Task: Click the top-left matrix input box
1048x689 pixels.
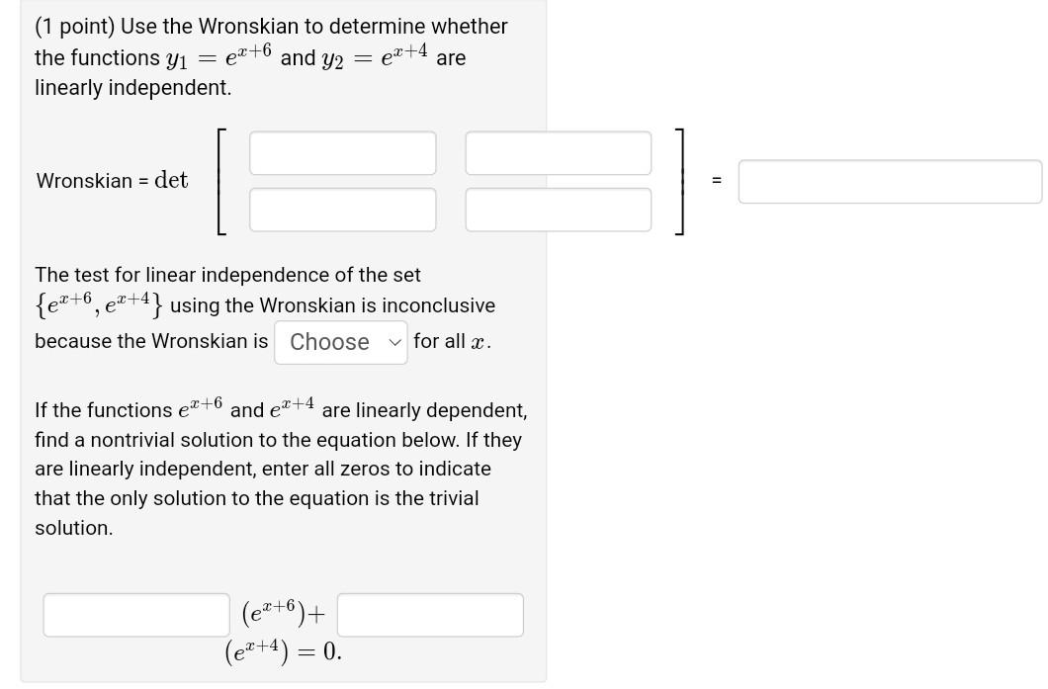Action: pyautogui.click(x=342, y=153)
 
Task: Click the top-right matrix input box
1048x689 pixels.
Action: pyautogui.click(x=558, y=153)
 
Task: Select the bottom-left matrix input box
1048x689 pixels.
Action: pyautogui.click(x=342, y=210)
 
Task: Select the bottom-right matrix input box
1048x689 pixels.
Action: pyautogui.click(x=558, y=210)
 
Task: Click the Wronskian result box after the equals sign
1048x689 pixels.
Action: pyautogui.click(x=889, y=182)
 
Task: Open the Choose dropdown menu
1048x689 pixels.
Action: pyautogui.click(x=340, y=342)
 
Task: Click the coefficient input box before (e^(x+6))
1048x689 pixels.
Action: pyautogui.click(x=136, y=615)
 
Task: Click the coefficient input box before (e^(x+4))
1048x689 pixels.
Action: pyautogui.click(x=430, y=615)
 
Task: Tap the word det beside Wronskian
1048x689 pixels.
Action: pyautogui.click(x=171, y=180)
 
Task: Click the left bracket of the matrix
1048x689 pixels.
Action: pyautogui.click(x=220, y=181)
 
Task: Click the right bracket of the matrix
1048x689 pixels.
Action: pyautogui.click(x=679, y=181)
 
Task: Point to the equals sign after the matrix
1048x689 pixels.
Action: pyautogui.click(x=717, y=181)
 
